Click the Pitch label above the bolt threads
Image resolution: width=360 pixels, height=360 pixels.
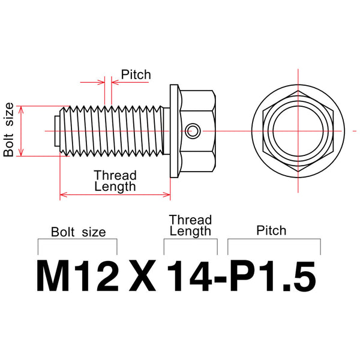point(136,75)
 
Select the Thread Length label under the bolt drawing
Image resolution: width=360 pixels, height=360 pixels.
point(115,181)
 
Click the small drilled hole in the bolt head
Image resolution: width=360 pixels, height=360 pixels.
point(192,130)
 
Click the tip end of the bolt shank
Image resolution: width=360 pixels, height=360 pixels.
point(53,130)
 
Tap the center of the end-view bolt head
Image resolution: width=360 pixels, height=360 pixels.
point(298,130)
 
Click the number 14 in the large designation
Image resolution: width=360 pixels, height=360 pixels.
point(187,277)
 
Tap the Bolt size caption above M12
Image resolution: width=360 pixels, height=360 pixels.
point(78,232)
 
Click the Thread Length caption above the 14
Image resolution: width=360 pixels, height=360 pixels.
point(190,225)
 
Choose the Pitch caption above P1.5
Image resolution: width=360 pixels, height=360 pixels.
point(271,230)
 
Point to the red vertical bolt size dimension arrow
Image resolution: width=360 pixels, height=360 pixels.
point(22,131)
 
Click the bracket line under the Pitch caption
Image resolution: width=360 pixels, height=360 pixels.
point(274,239)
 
